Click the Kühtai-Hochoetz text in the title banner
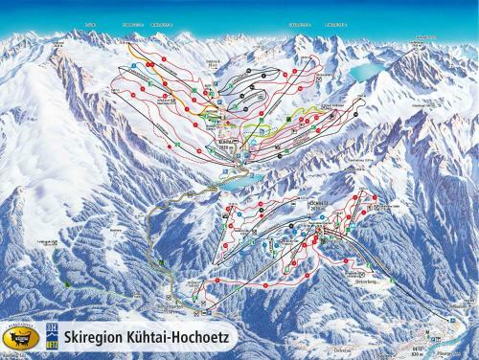(x=172, y=339)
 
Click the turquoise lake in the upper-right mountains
(x=364, y=72)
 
